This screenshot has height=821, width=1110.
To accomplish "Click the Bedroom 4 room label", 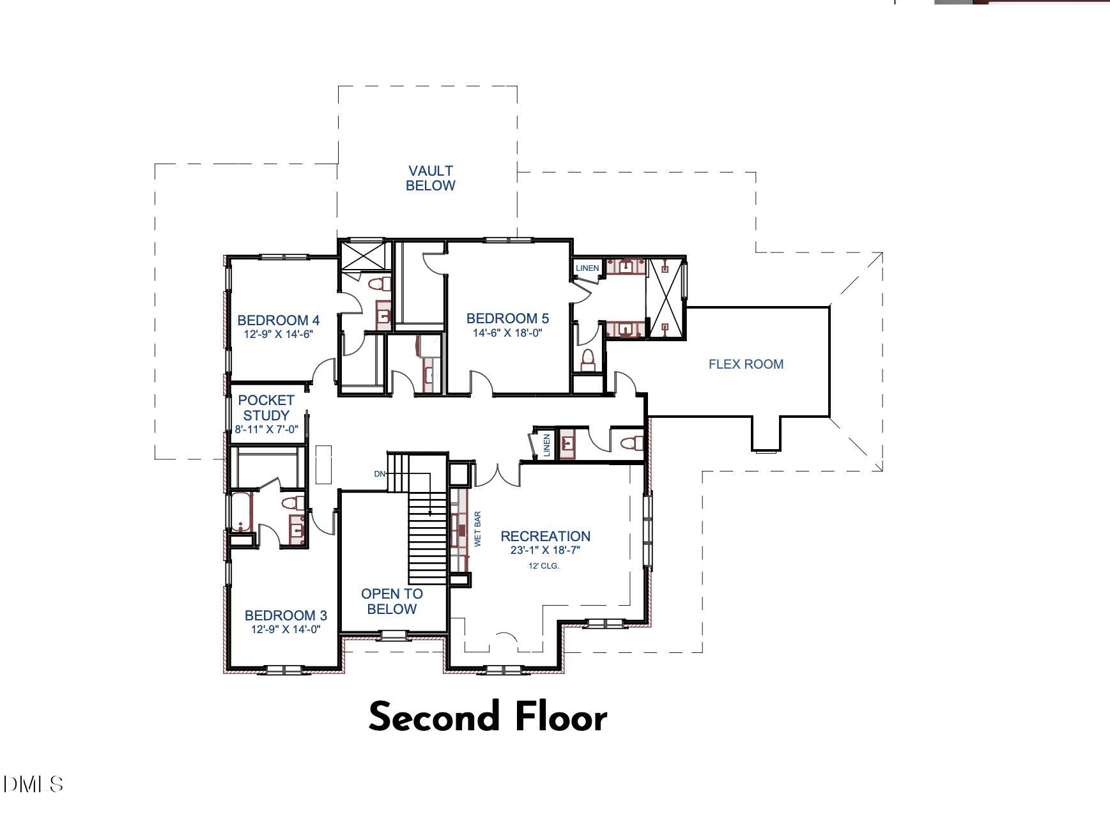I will pos(278,320).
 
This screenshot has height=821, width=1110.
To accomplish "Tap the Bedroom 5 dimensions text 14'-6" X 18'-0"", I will pos(507,333).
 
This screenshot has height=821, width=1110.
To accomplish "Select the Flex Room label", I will pos(746,364).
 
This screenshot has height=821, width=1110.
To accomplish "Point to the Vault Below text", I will pos(431,178).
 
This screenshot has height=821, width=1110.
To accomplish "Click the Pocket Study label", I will pos(266,408).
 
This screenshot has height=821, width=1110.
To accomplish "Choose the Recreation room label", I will pos(545,536).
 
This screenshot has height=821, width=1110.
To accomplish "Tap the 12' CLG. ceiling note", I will pos(544,566).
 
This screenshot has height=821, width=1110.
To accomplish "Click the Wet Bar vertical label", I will pos(477,528).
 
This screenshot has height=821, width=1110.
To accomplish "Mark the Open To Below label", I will pos(392,601).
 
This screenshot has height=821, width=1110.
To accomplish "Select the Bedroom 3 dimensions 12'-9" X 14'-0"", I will pos(286,629).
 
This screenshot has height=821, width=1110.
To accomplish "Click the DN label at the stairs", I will pos(380,474).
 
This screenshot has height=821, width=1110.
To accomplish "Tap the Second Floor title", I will pos(488,717).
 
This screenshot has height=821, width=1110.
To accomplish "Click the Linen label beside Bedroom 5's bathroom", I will pos(587,268).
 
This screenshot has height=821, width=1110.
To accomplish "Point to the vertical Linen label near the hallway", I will pos(546,445).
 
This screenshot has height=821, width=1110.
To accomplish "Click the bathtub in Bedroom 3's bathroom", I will pos(242,511).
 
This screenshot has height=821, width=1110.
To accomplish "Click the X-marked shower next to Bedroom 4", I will pos(364,255).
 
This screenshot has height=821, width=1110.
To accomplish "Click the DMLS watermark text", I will pos(33,784).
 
